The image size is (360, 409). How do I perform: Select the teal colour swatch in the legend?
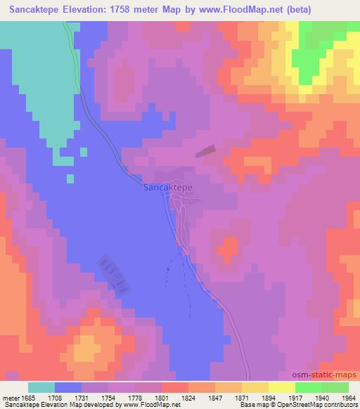(41, 387)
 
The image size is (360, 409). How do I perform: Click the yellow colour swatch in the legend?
(282, 387)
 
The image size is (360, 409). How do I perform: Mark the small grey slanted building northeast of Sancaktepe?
(205, 150)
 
